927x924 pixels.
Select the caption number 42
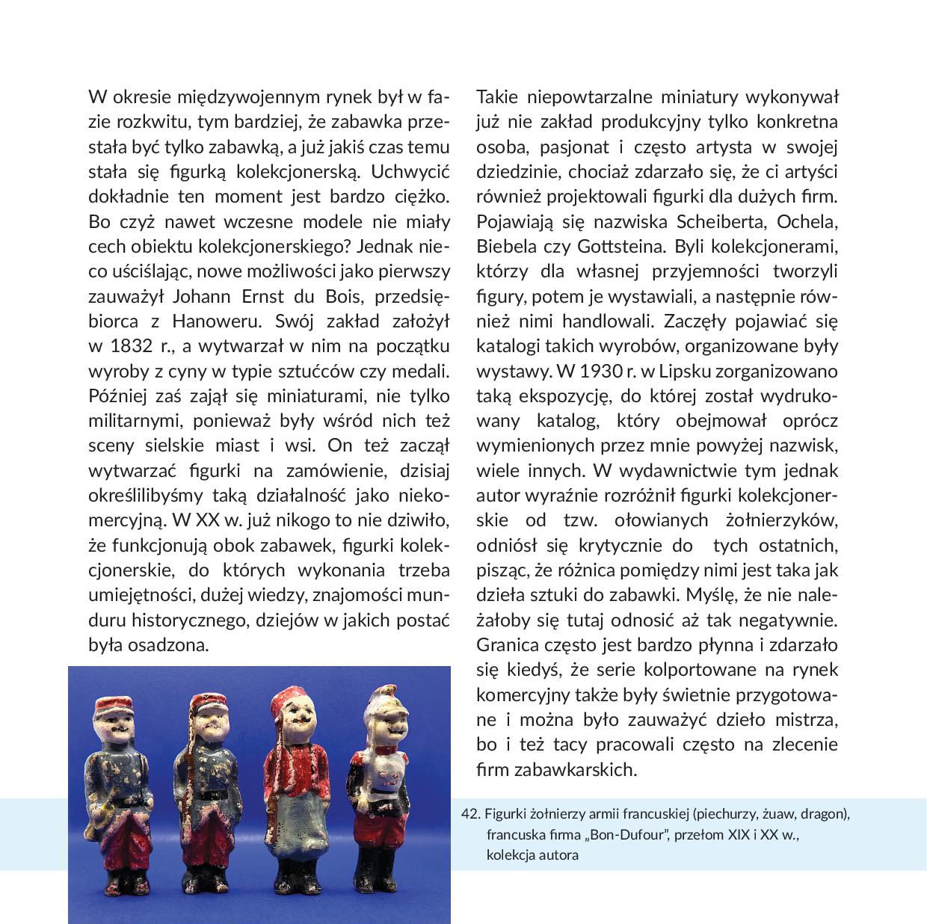pos(469,813)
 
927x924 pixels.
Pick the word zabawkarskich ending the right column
pos(573,769)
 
